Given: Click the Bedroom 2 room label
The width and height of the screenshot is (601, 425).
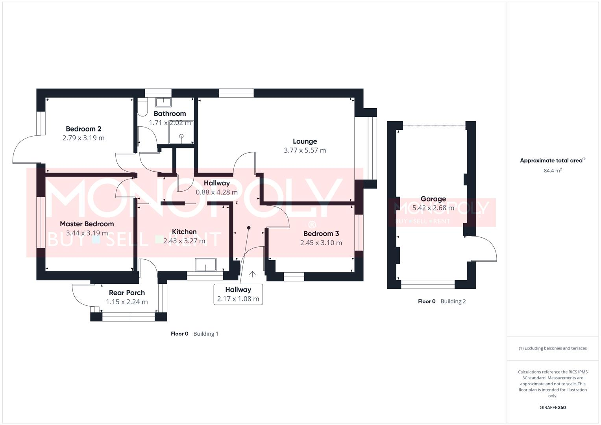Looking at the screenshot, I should coord(83,129).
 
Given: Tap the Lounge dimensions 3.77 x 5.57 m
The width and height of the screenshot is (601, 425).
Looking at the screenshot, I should coord(305,150).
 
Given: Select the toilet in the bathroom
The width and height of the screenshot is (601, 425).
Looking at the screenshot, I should coord(142,106).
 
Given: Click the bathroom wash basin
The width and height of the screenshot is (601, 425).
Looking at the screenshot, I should coord(163,102).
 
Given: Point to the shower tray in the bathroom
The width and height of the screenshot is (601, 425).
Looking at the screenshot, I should coord(181,133).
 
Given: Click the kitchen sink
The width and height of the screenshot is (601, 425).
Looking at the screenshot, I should coord(205,265).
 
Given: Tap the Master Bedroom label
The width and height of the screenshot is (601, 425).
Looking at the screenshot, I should coord(87,224).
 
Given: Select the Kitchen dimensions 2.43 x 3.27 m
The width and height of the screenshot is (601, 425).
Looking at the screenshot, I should coord(184,241).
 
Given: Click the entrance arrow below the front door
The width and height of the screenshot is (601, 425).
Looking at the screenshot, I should coord(252,274).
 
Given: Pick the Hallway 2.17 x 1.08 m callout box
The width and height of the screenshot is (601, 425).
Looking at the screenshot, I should coord(238,294).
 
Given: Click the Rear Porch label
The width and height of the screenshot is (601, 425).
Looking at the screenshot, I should coord(127,293).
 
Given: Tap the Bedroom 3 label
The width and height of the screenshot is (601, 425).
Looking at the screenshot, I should coord(321,234).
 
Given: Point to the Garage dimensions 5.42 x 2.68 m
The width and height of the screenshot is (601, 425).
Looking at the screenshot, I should coord(433,208).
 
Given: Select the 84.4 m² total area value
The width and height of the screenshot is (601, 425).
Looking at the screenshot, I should coord(552,171).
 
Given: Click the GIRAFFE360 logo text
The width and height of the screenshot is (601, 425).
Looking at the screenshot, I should coord(552,407).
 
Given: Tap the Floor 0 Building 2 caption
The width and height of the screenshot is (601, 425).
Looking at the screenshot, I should coord(442,301).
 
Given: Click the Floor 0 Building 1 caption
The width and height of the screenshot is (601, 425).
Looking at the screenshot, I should coord(194,334).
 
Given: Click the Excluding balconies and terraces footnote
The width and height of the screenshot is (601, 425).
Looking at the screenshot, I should coord(552,348).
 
